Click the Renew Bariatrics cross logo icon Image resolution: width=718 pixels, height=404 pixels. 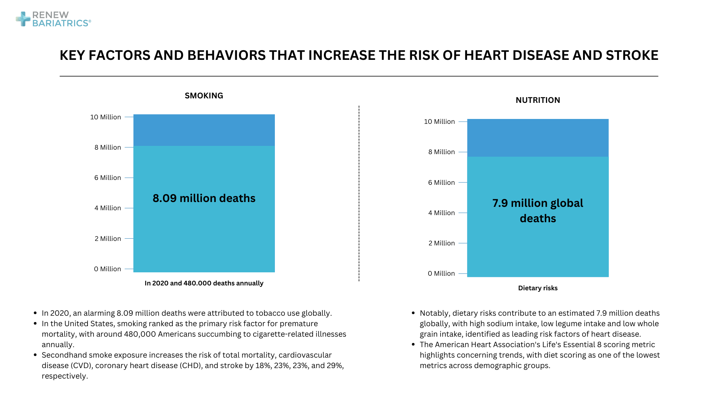(23, 19)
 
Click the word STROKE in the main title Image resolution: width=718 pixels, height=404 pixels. (632, 55)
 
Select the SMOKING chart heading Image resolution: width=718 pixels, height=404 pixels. (204, 96)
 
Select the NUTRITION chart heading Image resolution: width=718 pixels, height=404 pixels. (538, 100)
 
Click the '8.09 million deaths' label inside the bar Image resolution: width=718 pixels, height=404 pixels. (204, 198)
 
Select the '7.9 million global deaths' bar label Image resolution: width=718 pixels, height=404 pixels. (538, 211)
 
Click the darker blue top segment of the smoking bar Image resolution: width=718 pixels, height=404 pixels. (204, 130)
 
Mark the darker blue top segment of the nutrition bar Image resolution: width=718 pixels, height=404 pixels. (538, 138)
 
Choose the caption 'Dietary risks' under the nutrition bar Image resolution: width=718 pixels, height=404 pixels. (538, 288)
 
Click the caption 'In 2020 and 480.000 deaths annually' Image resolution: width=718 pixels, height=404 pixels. (204, 283)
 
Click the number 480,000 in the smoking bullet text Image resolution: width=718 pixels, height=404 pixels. (140, 334)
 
